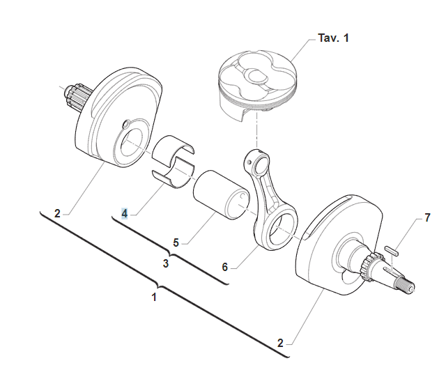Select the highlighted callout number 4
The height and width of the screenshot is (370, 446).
[124, 213]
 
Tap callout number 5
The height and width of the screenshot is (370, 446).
[176, 242]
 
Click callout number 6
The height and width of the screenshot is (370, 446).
[224, 266]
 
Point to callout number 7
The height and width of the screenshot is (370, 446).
[427, 219]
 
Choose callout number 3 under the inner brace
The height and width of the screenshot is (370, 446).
[166, 264]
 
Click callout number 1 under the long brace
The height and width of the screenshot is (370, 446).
[155, 296]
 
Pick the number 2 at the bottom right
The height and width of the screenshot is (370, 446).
[280, 343]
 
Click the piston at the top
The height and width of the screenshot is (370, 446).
[256, 84]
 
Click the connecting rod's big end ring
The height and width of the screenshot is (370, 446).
[279, 230]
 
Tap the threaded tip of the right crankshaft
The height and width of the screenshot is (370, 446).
[407, 284]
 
